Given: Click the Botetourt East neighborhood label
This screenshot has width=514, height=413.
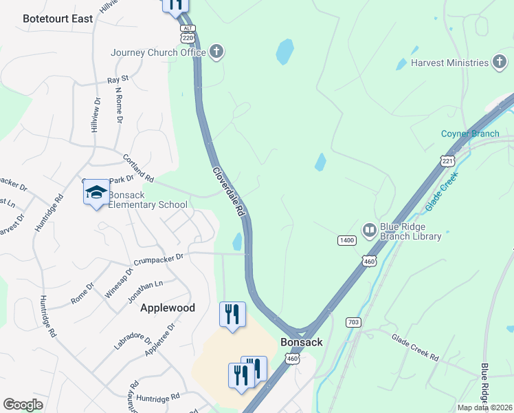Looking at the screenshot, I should click(58, 19).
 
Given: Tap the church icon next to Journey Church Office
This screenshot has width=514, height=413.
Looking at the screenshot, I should click(217, 52).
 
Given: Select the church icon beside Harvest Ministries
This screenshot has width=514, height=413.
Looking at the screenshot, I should click(500, 63).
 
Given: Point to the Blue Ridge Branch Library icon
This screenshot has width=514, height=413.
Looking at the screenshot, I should click(370, 230).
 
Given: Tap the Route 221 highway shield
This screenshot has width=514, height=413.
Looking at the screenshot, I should click(447, 160).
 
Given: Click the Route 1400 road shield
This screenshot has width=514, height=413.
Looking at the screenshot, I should click(346, 240).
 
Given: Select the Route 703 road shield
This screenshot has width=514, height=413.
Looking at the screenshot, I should click(353, 321).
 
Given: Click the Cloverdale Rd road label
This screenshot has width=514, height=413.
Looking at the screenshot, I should click(228, 193).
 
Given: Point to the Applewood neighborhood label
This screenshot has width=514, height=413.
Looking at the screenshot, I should click(168, 308).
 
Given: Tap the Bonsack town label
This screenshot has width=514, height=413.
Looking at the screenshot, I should click(301, 342).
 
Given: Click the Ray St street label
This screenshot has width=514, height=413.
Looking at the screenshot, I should click(118, 80).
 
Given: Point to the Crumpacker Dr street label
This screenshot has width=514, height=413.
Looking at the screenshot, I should click(159, 258).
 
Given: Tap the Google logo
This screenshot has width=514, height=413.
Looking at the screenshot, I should click(23, 404).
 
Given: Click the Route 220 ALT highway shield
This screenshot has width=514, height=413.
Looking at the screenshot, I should click(189, 34).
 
